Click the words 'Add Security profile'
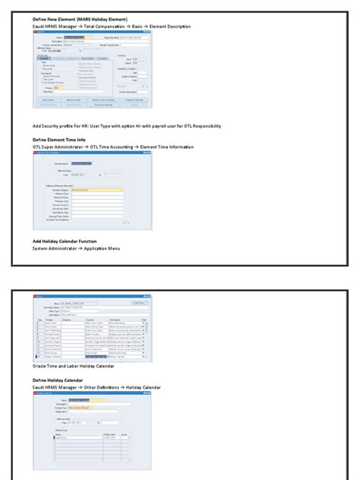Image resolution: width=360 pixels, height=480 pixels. coord(55,125)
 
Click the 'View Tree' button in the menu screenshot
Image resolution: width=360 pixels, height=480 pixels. coord(137,302)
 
